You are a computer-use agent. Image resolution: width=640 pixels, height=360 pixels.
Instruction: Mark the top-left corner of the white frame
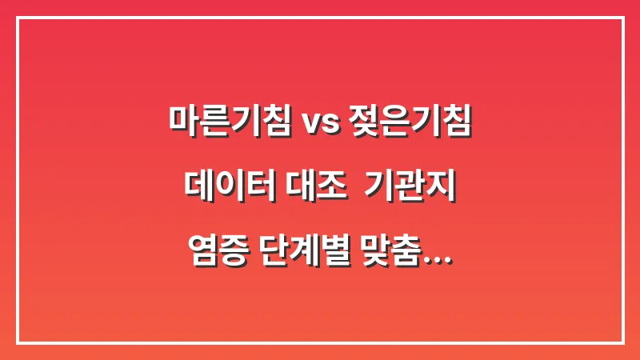point(18,18)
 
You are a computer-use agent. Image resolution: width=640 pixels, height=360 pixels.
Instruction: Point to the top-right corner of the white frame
point(622,18)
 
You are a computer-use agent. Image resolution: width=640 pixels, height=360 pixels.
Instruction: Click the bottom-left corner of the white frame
point(18,342)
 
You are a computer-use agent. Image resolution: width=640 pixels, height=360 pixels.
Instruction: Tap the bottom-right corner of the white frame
point(622,342)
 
